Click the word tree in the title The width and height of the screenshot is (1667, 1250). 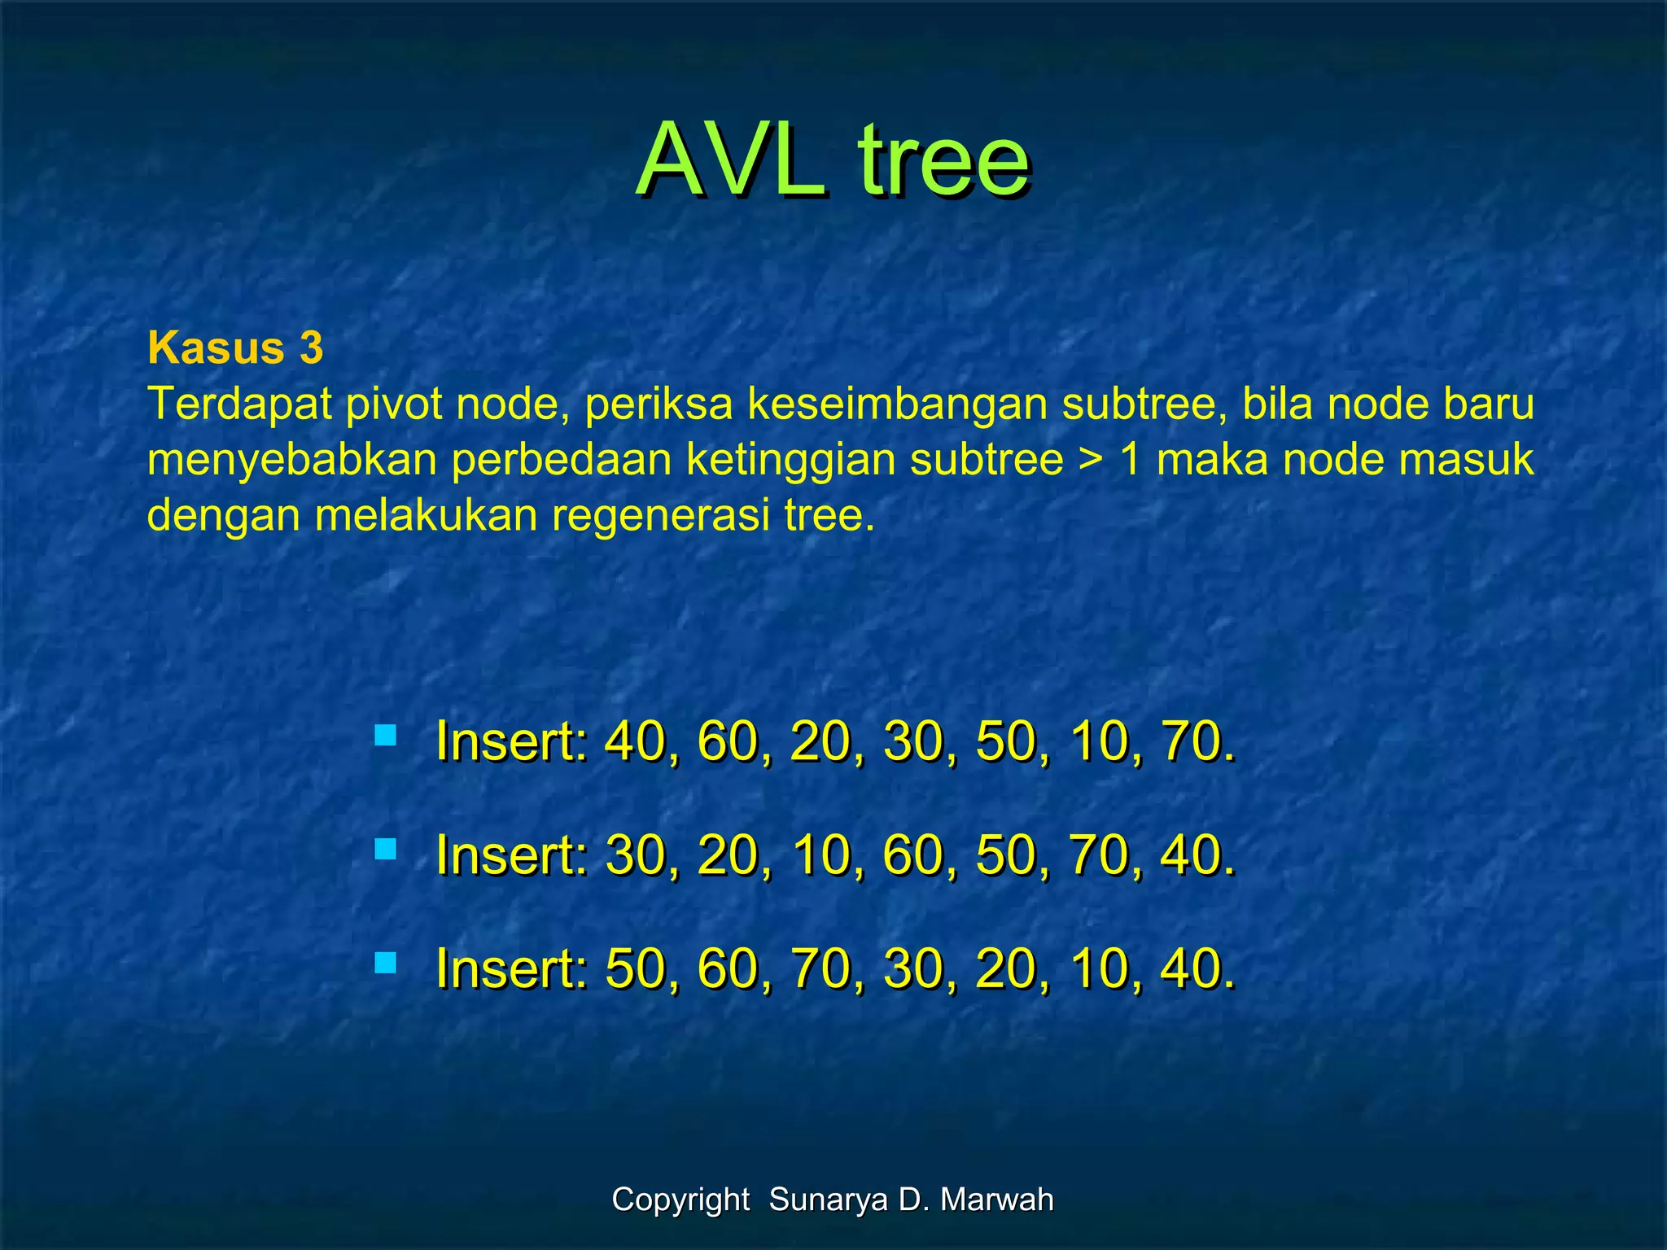pos(944,160)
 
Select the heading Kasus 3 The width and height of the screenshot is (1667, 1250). pos(235,348)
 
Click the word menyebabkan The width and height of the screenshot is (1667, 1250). pos(292,460)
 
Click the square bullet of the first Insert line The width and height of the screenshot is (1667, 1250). pos(385,736)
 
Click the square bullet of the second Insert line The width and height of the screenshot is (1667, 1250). pos(385,850)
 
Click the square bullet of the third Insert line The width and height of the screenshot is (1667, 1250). pos(385,964)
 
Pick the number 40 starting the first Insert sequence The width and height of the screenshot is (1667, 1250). pos(634,741)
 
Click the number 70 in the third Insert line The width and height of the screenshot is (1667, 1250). pos(820,969)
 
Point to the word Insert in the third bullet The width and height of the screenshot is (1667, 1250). pos(510,969)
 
